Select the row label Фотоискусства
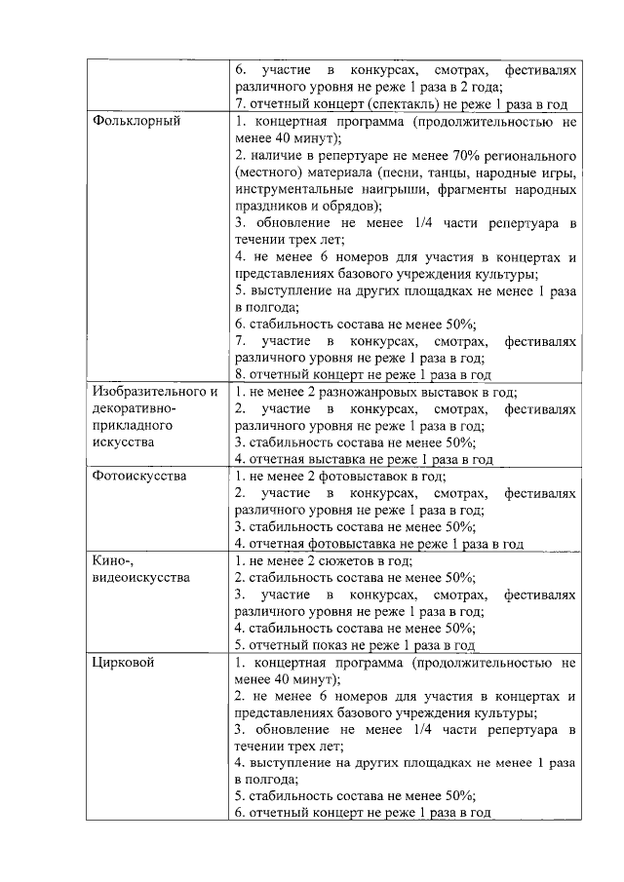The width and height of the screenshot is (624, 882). pyautogui.click(x=139, y=477)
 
